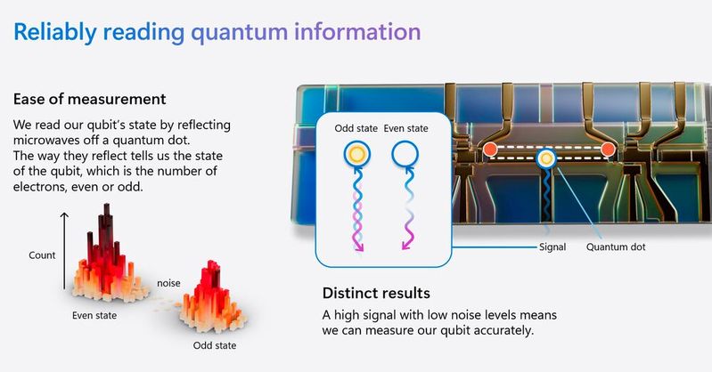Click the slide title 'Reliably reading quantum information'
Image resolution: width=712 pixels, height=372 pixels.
click(217, 33)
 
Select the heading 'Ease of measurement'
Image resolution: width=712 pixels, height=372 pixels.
click(89, 99)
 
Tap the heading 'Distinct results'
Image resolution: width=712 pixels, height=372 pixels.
click(376, 293)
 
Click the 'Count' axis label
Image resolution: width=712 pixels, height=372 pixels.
click(42, 255)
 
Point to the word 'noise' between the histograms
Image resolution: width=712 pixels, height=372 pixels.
click(169, 283)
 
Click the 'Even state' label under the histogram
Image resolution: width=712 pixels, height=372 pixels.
click(96, 315)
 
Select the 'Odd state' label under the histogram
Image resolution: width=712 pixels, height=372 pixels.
click(215, 345)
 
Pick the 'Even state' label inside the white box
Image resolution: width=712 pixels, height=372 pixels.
click(405, 128)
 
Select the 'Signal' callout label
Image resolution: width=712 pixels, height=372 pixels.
click(553, 247)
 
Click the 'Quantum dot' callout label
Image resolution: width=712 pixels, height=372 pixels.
click(616, 247)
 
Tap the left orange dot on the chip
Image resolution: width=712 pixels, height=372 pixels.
click(489, 148)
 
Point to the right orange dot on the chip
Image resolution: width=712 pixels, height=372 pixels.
click(609, 148)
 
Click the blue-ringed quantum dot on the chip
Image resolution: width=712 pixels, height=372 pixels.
click(545, 159)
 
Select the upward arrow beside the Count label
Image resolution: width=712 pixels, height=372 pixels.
click(64, 249)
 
